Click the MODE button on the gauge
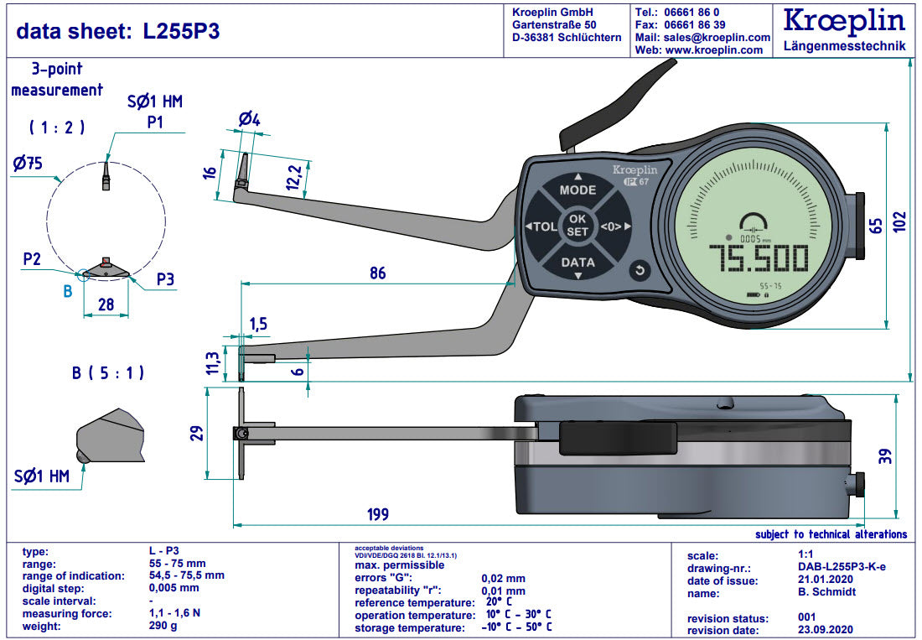(x=578, y=190)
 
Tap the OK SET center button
(x=578, y=226)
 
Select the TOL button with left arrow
(x=542, y=226)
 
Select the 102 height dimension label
(x=899, y=221)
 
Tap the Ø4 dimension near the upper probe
(x=249, y=120)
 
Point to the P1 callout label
(x=155, y=122)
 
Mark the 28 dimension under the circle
(x=106, y=305)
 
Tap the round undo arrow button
(x=640, y=270)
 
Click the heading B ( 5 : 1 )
(x=108, y=373)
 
